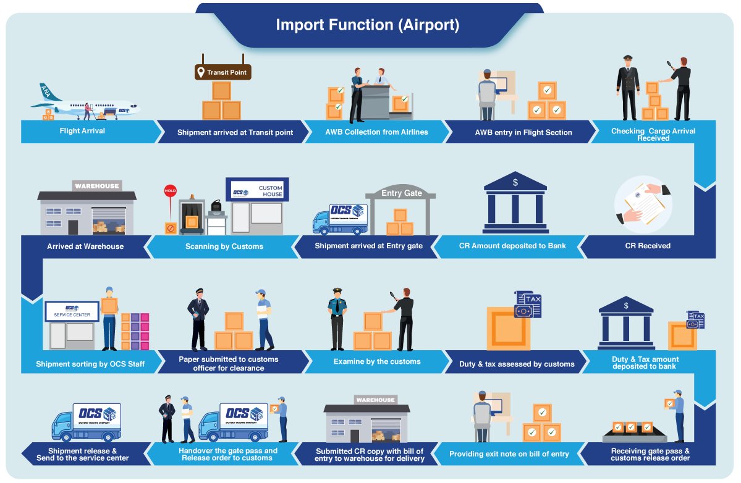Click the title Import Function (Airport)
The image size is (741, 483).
click(x=367, y=25)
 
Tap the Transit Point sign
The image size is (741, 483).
click(x=223, y=72)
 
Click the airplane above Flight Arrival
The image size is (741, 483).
click(x=90, y=105)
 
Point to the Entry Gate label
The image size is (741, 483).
click(x=401, y=193)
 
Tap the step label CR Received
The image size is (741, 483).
click(x=647, y=246)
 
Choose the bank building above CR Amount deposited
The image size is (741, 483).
click(x=515, y=201)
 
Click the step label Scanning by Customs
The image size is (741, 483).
click(x=224, y=246)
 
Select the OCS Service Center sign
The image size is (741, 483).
click(x=72, y=311)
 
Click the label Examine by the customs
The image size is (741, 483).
click(x=376, y=361)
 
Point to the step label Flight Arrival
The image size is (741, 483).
click(x=82, y=131)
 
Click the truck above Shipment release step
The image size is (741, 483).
click(x=86, y=422)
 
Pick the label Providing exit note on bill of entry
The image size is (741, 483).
click(x=509, y=454)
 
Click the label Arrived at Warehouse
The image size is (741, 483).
click(x=85, y=246)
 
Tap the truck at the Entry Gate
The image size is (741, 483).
click(x=340, y=219)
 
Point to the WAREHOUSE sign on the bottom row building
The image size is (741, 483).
click(x=375, y=400)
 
